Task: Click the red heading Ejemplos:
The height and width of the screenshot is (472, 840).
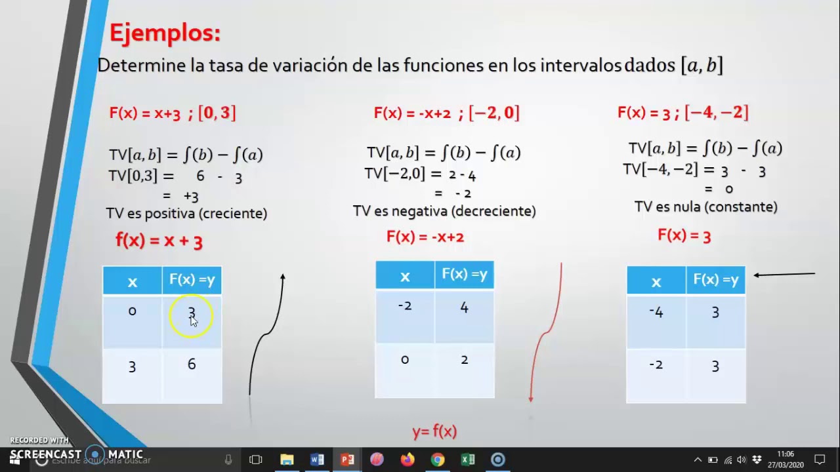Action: [x=165, y=33]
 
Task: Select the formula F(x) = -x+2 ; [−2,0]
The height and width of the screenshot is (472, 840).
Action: [x=446, y=113]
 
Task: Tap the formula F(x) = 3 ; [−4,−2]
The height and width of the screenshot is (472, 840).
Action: [x=682, y=113]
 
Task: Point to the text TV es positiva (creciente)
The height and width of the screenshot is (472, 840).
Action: [x=186, y=213]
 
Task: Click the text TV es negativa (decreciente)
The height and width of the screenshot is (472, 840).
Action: [x=444, y=211]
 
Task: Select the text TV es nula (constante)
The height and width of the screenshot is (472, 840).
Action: [x=705, y=207]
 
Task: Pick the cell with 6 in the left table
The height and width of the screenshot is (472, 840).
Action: [x=192, y=364]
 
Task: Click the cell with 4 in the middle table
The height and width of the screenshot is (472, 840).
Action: [x=464, y=307]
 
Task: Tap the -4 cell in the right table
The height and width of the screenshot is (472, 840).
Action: [x=656, y=313]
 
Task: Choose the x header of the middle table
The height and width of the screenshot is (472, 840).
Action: [x=405, y=276]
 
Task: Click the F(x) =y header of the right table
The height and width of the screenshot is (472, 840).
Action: [x=715, y=281]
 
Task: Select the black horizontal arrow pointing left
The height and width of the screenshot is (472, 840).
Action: [x=784, y=275]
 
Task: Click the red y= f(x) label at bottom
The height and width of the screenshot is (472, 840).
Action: [x=434, y=431]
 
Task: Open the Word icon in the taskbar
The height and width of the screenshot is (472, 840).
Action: [x=317, y=460]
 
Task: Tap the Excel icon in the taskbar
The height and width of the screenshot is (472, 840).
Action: [x=468, y=460]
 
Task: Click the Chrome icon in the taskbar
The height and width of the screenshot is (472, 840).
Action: [x=438, y=460]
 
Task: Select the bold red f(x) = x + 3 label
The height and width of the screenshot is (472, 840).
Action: [x=159, y=241]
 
